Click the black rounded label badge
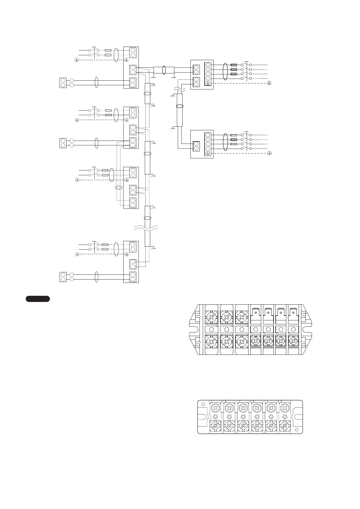37,299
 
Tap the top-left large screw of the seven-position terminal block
211,317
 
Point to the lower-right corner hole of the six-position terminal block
297,430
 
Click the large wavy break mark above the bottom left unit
146,229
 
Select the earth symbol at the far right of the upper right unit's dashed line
269,83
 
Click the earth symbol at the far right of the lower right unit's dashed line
269,154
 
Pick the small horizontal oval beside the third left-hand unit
119,188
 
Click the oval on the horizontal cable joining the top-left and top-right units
164,70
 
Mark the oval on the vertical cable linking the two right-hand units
180,106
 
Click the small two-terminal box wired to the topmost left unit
63,83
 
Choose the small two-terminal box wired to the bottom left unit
63,277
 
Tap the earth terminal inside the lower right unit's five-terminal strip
208,153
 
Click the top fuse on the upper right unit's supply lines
233,65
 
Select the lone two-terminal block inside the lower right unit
196,146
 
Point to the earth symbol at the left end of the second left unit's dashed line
77,120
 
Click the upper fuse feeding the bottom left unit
105,244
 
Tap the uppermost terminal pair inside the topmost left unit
132,53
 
